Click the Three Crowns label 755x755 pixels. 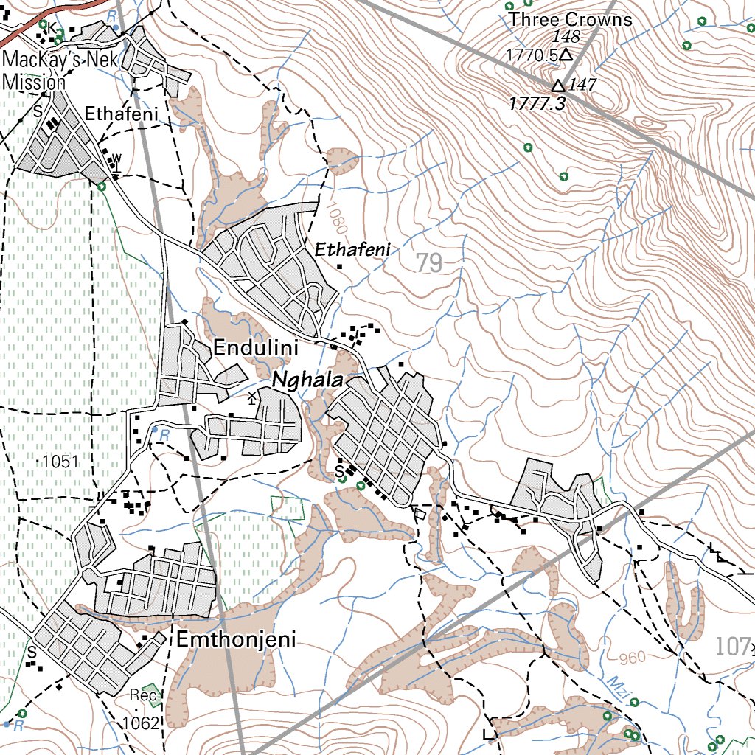coord(571,20)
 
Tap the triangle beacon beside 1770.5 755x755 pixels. coord(566,55)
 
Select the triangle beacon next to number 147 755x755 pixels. coord(559,86)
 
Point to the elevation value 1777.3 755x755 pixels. coord(537,104)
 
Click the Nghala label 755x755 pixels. coord(308,380)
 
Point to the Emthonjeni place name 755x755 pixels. coord(236,639)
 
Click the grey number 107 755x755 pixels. coord(731,647)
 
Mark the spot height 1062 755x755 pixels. coord(143,723)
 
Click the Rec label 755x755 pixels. coord(145,695)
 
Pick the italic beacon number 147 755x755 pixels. coord(582,85)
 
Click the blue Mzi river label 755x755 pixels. coord(617,686)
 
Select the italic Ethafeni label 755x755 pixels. coord(352,251)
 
